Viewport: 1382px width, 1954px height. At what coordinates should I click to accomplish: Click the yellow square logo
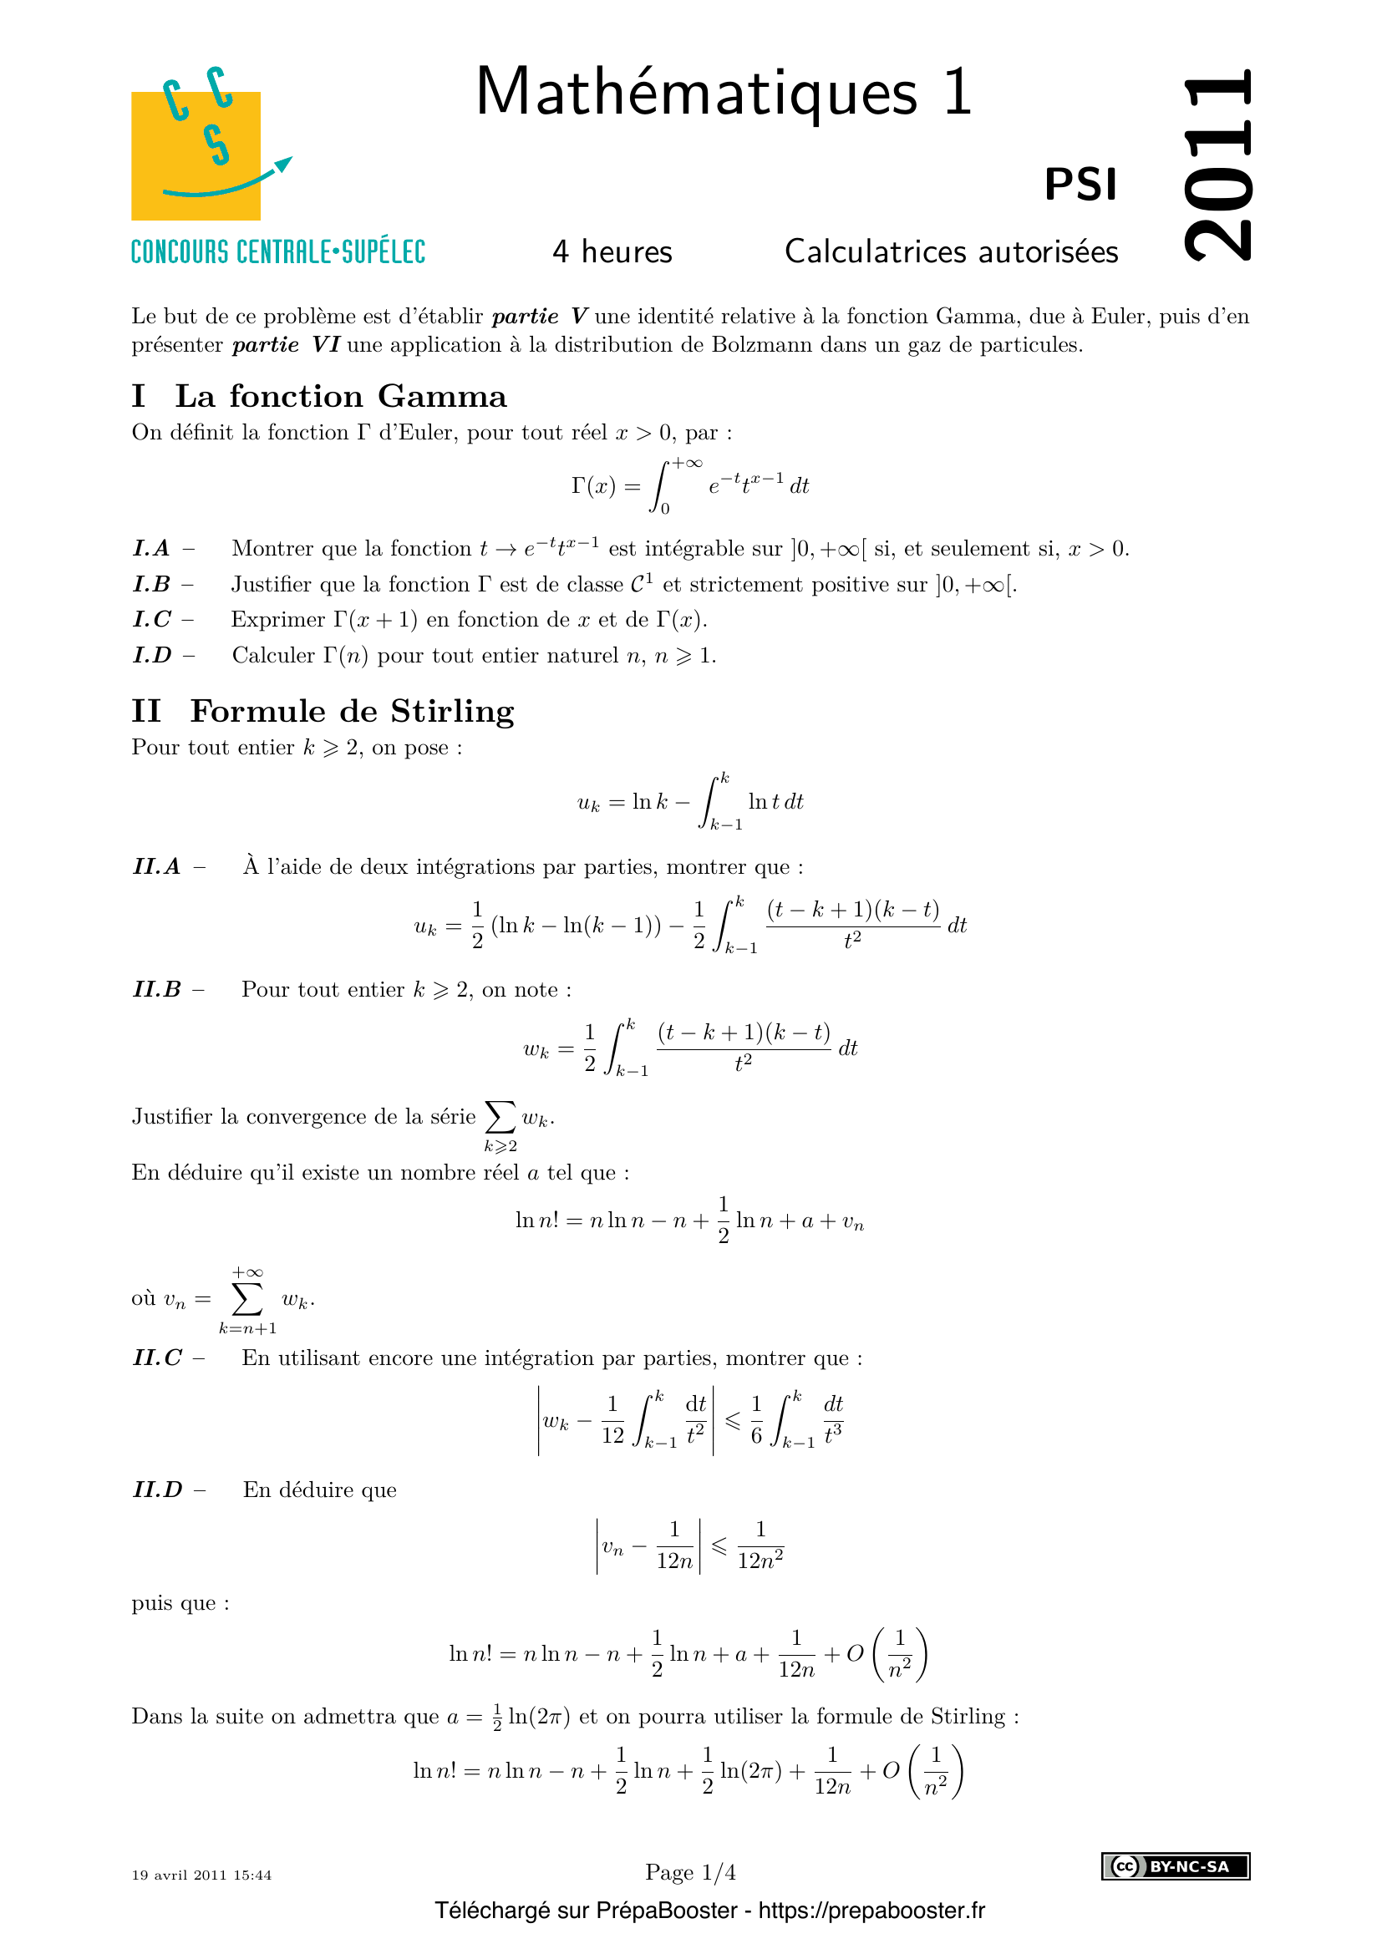(x=196, y=155)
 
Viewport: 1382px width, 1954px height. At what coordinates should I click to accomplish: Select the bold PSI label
(x=1080, y=185)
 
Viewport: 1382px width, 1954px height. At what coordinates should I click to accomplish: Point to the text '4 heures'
(x=612, y=252)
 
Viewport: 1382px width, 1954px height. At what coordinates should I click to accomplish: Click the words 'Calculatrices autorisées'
(x=951, y=252)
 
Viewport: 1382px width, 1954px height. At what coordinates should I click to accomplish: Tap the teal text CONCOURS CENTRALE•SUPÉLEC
(x=278, y=253)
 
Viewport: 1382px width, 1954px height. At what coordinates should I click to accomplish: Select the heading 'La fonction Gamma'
(x=340, y=397)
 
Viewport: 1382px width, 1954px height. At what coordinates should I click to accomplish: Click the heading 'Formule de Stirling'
(x=353, y=712)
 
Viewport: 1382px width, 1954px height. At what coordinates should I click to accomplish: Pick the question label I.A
(x=152, y=549)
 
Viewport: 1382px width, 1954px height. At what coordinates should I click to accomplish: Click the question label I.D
(x=152, y=655)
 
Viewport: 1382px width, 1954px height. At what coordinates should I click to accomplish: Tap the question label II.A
(x=157, y=867)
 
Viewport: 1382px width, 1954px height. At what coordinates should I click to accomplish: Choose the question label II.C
(x=157, y=1358)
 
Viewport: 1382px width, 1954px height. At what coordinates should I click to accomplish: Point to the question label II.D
(x=158, y=1490)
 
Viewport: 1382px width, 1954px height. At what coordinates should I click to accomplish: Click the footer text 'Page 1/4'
(x=690, y=1872)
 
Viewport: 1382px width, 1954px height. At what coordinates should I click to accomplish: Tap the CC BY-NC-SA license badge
(x=1176, y=1866)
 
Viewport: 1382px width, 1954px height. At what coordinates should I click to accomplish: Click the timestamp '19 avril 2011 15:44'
(x=201, y=1875)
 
